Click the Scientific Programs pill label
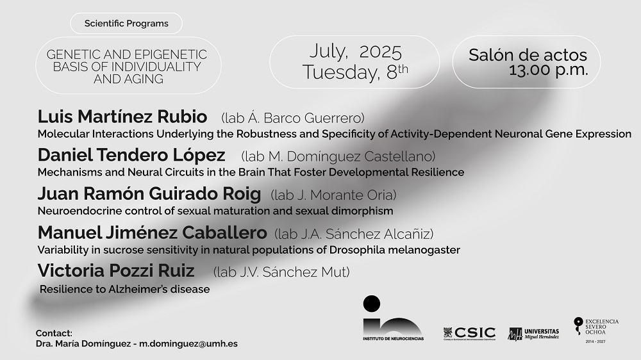tap(126, 23)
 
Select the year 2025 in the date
tap(381, 52)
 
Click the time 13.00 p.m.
tap(548, 70)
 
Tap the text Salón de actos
tap(528, 54)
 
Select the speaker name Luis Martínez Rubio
tap(122, 117)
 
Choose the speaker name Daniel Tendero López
tap(131, 155)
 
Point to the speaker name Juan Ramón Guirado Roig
tap(149, 193)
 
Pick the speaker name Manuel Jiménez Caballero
tap(152, 233)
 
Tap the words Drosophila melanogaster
tap(394, 250)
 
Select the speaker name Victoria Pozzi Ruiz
tap(115, 270)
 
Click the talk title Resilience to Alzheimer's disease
tap(125, 290)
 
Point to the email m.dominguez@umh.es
tap(188, 343)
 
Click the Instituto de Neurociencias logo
tap(393, 318)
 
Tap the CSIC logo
tap(469, 334)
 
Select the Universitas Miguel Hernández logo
tap(533, 334)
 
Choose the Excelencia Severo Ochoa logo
tap(596, 330)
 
